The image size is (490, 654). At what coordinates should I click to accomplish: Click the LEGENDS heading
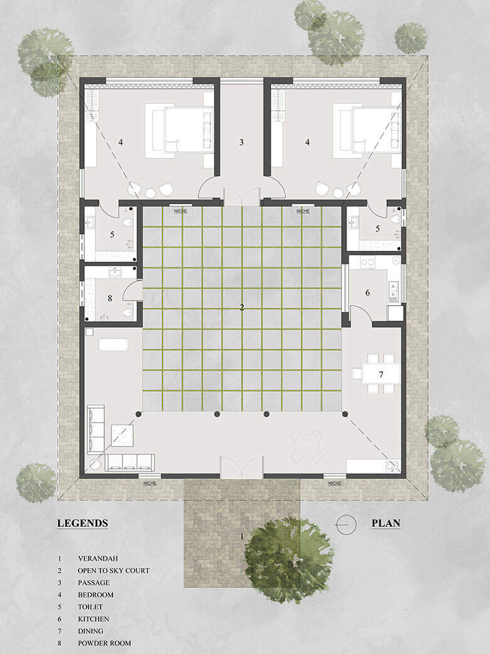click(x=82, y=523)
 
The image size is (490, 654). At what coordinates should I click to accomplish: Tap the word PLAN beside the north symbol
click(x=386, y=523)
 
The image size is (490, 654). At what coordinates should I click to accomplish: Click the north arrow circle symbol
click(x=346, y=524)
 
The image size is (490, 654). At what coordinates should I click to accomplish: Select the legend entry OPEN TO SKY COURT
click(x=113, y=570)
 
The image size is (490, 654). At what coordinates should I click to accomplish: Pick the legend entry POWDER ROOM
click(x=104, y=643)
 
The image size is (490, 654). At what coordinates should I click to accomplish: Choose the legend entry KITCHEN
click(x=94, y=619)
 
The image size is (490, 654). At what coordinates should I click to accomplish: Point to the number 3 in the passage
click(x=241, y=142)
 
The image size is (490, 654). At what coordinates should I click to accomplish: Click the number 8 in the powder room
click(x=110, y=298)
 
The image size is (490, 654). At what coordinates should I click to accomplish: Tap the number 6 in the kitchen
click(x=367, y=293)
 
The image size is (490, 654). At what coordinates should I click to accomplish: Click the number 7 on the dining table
click(x=381, y=374)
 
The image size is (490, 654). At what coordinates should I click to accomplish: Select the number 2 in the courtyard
click(x=242, y=308)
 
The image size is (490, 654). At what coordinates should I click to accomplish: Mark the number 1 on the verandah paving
click(x=242, y=536)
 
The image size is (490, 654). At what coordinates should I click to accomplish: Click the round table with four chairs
click(x=307, y=446)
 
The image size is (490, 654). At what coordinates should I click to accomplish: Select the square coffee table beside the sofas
click(x=122, y=435)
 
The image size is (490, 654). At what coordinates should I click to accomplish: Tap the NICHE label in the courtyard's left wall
click(x=180, y=211)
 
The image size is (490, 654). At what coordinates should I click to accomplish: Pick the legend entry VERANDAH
click(x=97, y=558)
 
